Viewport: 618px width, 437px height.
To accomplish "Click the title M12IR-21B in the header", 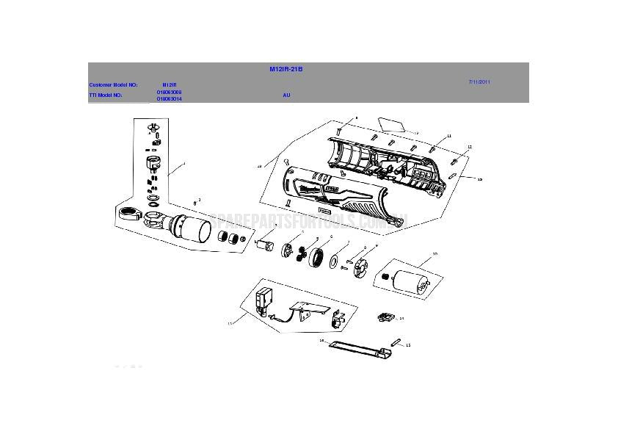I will coord(286,69).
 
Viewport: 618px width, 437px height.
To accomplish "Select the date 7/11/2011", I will coord(479,82).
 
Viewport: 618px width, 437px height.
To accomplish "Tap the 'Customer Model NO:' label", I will coord(113,85).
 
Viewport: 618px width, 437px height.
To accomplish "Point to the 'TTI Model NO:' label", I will coord(106,95).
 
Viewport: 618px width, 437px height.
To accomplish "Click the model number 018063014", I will coord(169,98).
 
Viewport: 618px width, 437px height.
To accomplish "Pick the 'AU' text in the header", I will coord(286,95).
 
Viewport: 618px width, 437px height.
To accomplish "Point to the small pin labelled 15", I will coord(397,342).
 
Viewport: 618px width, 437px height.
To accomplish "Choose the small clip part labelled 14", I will coord(384,317).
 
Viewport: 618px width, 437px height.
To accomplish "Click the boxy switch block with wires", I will coord(262,302).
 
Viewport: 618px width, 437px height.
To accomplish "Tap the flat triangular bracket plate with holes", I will coord(307,310).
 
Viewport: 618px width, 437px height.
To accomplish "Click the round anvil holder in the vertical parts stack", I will coord(155,163).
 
